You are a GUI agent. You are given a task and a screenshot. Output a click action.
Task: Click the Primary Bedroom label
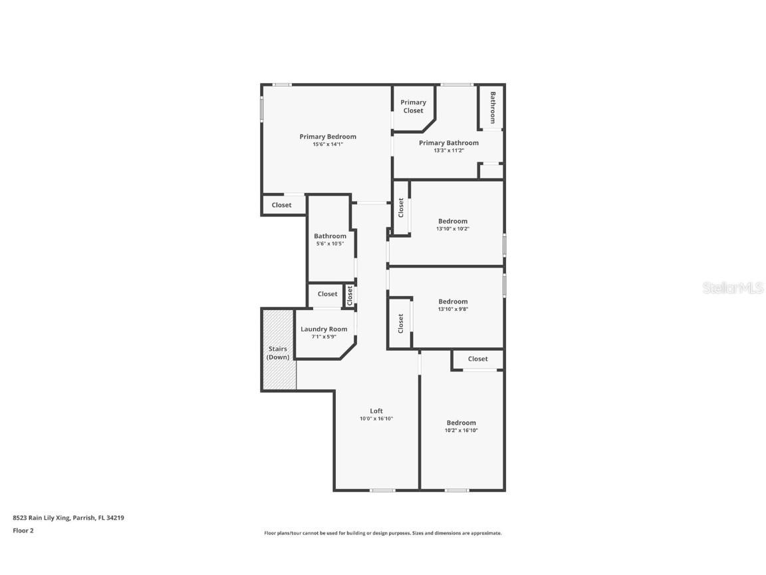327,136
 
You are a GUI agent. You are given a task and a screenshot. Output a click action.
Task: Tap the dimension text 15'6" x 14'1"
327,144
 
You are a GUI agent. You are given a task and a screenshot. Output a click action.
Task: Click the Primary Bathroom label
448,142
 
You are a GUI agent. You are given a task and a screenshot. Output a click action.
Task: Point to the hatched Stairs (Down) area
278,353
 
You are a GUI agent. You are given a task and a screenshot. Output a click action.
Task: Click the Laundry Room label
324,329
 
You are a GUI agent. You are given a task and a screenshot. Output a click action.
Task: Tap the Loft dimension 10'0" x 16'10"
376,419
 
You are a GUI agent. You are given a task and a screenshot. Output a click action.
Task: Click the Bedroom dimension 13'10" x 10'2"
452,229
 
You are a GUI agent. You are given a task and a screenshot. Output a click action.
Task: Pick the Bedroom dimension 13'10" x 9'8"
452,309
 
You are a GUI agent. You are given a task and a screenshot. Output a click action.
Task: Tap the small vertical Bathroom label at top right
493,107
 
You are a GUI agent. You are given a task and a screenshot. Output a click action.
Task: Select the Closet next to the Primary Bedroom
281,205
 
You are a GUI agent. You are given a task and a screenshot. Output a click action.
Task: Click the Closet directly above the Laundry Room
327,294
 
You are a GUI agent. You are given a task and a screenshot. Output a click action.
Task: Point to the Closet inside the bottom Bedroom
477,359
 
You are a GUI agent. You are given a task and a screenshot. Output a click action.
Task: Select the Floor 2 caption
23,530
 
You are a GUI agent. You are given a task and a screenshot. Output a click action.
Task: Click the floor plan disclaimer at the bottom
383,533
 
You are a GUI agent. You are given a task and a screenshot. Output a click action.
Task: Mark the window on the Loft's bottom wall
382,490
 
